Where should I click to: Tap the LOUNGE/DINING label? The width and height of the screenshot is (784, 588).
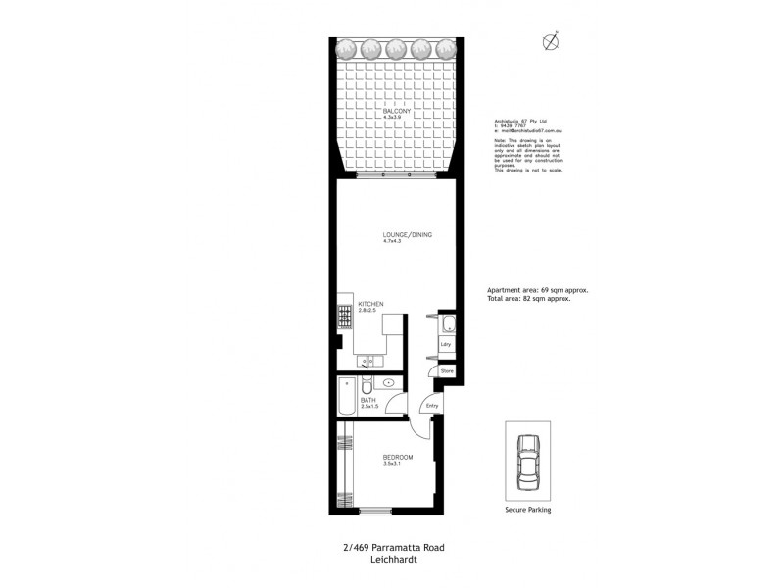pos(407,235)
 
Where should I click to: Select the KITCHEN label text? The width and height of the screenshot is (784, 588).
pos(369,305)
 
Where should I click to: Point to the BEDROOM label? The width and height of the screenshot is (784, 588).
pos(397,458)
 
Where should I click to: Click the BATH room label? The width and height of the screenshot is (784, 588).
pos(367,401)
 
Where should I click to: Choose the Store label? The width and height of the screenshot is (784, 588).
pos(447,372)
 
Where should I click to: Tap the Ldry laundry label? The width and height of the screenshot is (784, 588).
pos(445,345)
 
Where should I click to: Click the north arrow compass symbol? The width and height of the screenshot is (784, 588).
pos(552,41)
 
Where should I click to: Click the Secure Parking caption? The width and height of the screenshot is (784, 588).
pos(527,510)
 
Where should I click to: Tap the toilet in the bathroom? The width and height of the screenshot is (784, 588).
pos(365,385)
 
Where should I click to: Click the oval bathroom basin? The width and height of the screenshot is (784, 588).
pos(389,383)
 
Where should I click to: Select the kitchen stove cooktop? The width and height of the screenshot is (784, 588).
pos(344,317)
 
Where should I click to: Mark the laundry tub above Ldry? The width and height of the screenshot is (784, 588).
pos(446,325)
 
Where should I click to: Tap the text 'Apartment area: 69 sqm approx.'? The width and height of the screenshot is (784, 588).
pos(537,291)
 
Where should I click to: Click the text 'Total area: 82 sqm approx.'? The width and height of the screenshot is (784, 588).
pos(529,299)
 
